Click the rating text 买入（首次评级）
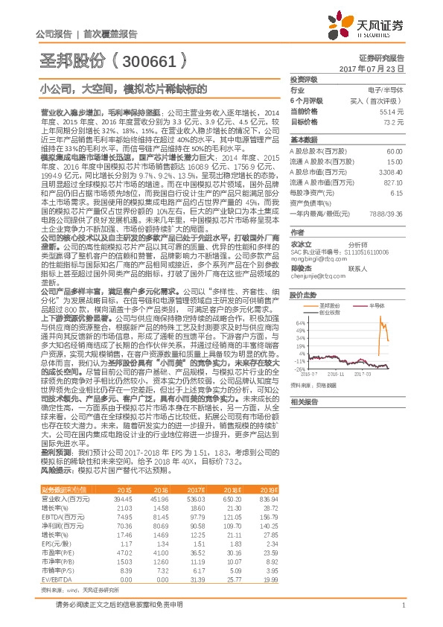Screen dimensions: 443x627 [x=383, y=99]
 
